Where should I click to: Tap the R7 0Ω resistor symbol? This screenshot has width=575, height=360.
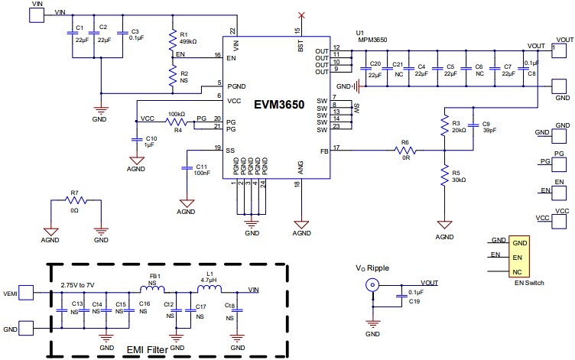point(75,201)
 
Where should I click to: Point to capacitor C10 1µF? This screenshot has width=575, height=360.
point(135,140)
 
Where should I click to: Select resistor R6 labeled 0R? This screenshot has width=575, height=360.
point(405,150)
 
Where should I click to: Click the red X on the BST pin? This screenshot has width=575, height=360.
point(301,15)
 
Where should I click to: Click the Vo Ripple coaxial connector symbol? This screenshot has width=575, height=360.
point(372,286)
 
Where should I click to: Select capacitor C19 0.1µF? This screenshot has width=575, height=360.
point(400,295)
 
